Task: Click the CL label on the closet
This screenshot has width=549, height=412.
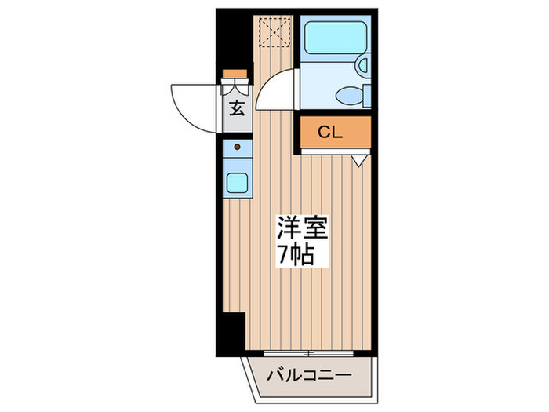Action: click(329, 133)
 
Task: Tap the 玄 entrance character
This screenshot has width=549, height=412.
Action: click(236, 108)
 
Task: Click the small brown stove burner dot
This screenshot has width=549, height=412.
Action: click(237, 146)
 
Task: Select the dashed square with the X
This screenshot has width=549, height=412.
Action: click(272, 31)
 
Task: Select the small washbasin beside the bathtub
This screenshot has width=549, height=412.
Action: click(363, 67)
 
